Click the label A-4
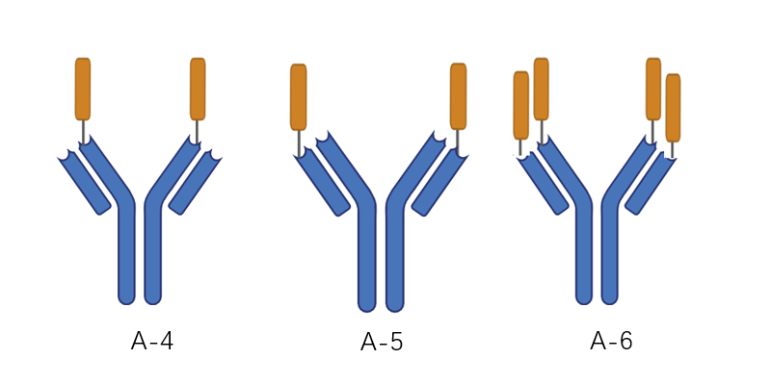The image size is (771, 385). coord(152,342)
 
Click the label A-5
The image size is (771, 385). coord(382,342)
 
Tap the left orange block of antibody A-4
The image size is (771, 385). coord(83,89)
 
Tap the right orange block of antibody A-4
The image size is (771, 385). coord(198,89)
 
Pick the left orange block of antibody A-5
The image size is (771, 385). coord(299,97)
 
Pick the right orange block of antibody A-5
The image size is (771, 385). coord(459,96)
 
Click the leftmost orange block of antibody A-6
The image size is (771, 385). coord(521,106)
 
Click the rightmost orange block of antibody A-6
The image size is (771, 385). coord(673,108)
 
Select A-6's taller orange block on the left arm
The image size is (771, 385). coord(542,89)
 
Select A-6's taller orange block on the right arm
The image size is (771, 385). coord(653,89)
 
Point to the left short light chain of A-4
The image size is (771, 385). coord(84,183)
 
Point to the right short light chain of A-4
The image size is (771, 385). coord(196,183)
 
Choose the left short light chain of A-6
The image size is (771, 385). coord(543,184)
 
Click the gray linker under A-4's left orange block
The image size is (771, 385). coord(84,132)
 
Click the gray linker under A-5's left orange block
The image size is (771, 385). coord(299,143)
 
